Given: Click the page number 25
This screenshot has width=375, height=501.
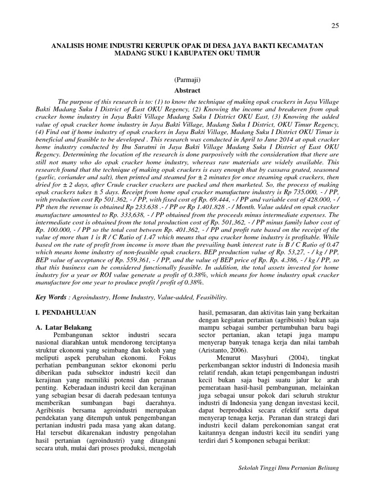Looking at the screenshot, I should coord(335,26).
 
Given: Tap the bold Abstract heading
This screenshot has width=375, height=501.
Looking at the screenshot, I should coord(187,90).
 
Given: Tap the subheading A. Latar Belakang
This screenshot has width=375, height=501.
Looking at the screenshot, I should coord(66,326).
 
